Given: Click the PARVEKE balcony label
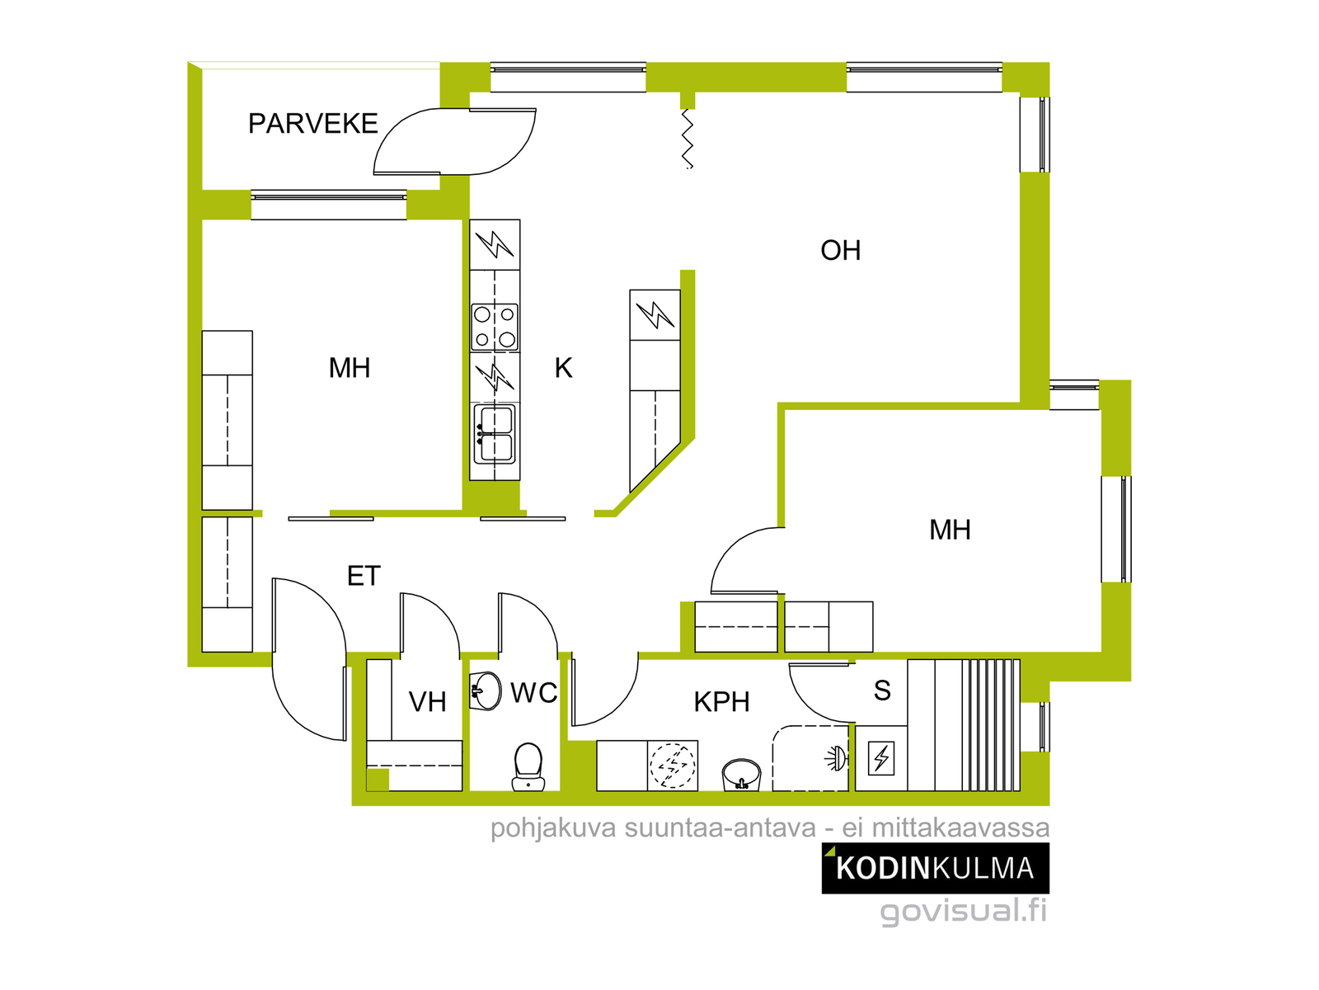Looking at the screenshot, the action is coord(312,123).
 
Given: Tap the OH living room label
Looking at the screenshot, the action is coord(840,250).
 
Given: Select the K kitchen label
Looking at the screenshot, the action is coord(563,368).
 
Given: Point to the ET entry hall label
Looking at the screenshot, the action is coord(364,576).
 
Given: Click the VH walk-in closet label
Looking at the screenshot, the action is coord(427,701).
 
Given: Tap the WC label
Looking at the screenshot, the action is coord(533,692).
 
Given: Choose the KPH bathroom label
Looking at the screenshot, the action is coord(721,701).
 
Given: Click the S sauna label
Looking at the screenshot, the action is coord(881,690).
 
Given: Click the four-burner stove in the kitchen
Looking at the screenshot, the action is coord(495,328).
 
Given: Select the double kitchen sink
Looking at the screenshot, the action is coord(495,435).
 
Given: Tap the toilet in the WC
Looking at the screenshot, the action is coord(528,766).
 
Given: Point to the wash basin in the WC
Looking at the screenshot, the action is coord(486,691).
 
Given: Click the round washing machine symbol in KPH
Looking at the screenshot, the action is coord(673,766).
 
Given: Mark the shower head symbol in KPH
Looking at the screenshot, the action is coord(836,758).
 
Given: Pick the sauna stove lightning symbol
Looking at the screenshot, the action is coord(881,758).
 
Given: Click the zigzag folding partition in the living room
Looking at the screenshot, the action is coord(688,139).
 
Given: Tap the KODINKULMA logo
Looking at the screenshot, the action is coord(935,868).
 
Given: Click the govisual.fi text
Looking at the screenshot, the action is coord(963,910).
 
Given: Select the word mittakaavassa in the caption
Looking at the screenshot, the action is coord(960,827).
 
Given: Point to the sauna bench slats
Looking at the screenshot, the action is coord(991,725).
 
